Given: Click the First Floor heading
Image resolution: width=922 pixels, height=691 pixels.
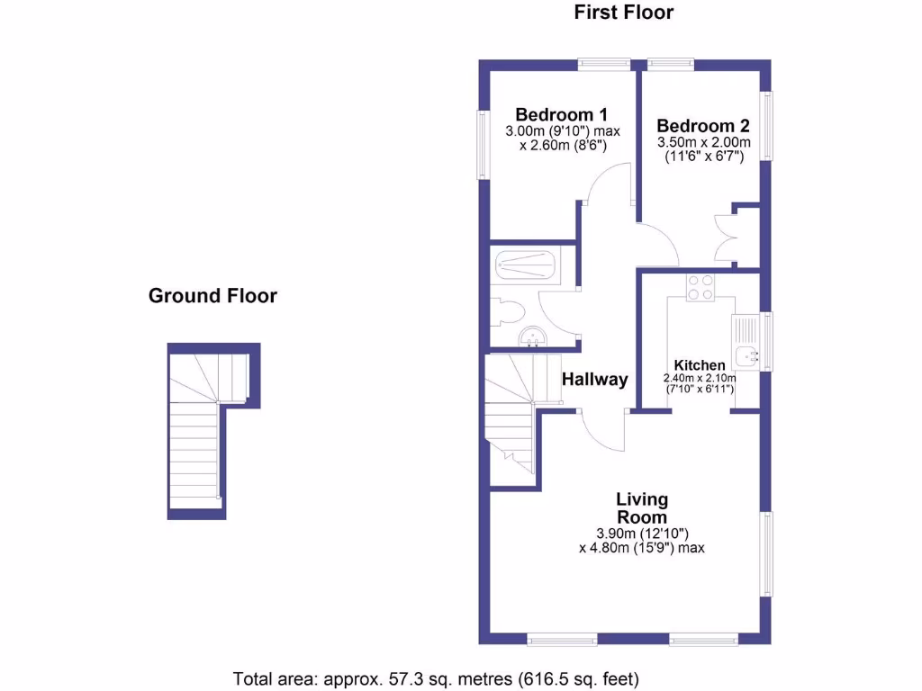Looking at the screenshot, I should [623, 13].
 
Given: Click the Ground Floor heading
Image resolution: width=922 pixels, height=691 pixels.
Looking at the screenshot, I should [212, 295].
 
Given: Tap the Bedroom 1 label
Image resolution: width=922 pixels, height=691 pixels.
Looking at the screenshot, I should [561, 114].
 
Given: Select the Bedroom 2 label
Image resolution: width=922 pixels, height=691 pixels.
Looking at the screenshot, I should [702, 126].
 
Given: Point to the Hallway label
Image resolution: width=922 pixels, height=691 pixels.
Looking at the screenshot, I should [594, 380].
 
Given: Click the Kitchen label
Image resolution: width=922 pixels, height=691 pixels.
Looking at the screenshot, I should [700, 365].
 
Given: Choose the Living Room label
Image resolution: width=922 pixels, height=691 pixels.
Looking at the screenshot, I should [641, 508].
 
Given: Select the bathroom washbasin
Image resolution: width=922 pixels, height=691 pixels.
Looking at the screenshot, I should [532, 337].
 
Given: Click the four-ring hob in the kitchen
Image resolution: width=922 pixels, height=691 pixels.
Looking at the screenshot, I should [700, 287].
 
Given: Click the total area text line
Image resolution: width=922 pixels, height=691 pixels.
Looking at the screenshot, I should [437, 678].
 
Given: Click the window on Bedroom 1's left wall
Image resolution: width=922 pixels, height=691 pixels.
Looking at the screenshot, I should [483, 144].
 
